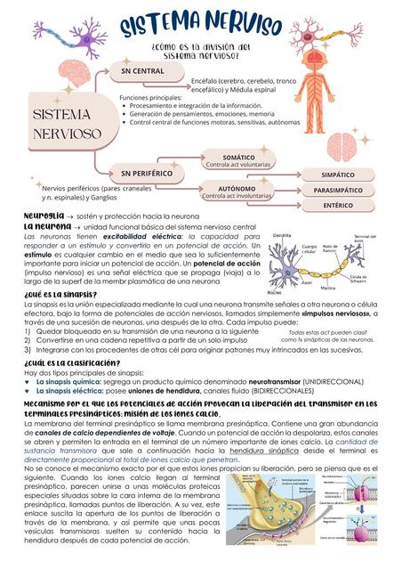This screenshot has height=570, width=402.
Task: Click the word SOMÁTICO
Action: coord(238,157)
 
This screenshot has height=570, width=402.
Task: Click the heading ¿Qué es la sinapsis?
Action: coord(60,292)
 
